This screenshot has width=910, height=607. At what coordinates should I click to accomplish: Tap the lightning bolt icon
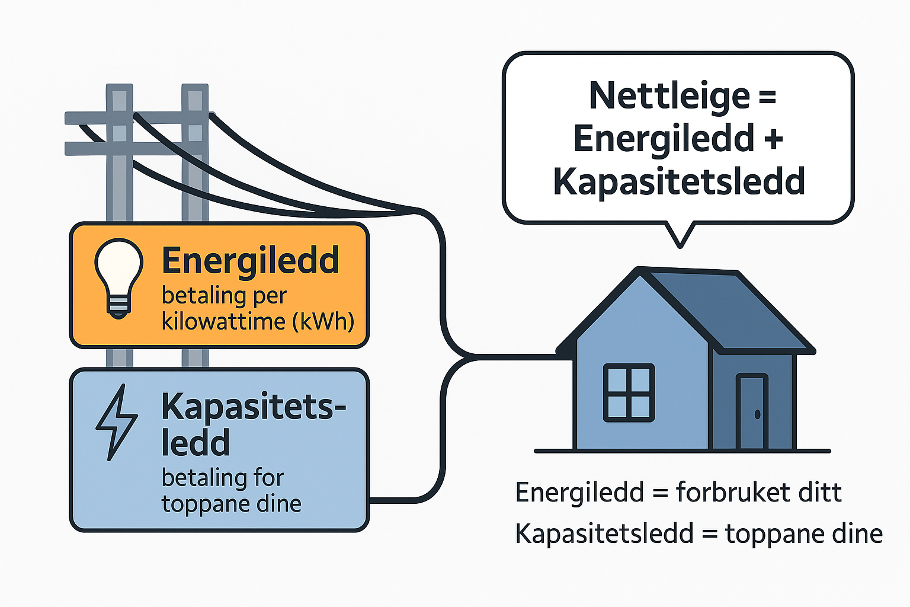[117, 421]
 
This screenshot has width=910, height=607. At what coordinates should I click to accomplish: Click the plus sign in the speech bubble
[774, 139]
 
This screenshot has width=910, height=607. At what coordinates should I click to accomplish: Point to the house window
[629, 392]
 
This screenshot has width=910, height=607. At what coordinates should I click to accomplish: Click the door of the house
[752, 412]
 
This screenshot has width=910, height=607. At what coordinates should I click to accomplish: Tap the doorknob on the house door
[757, 414]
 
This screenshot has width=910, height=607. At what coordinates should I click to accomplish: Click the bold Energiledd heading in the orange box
[250, 261]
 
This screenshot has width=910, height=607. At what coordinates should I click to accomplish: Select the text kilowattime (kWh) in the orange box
[258, 321]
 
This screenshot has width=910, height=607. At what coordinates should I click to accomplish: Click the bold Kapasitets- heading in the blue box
[254, 407]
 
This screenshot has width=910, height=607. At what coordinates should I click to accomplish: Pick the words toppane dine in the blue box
[231, 504]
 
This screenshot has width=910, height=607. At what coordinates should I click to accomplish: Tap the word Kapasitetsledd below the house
[604, 533]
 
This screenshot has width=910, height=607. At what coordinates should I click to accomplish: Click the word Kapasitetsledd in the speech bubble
[679, 181]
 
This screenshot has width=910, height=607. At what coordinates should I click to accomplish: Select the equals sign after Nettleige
[767, 96]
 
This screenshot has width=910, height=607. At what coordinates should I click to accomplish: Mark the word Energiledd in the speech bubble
[664, 139]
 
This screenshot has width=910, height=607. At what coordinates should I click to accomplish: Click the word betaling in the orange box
[203, 295]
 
